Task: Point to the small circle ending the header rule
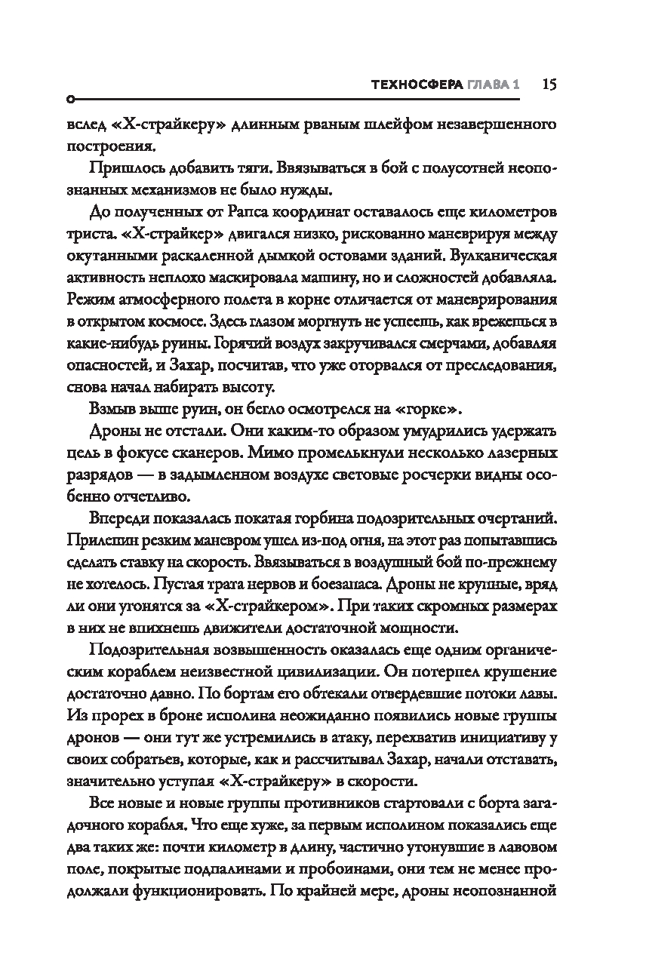click(70, 100)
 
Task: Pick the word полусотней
click(432, 168)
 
